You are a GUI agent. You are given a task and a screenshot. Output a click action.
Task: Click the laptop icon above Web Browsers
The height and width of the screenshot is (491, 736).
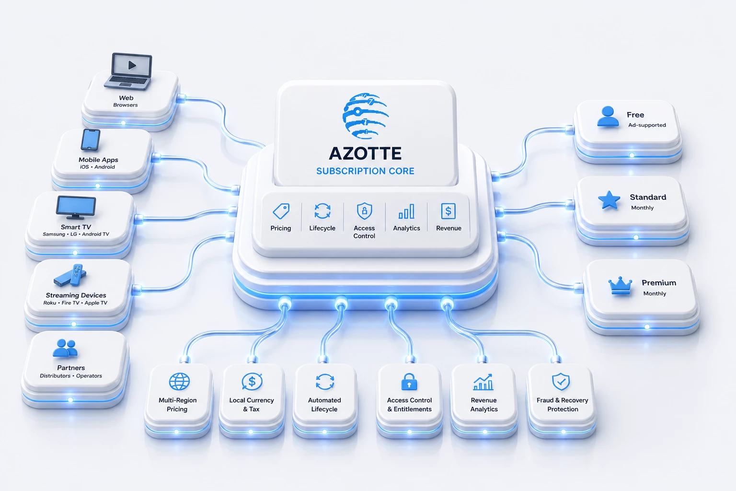point(128,71)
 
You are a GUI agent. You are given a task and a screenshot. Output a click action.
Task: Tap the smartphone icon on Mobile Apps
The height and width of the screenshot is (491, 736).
point(91,140)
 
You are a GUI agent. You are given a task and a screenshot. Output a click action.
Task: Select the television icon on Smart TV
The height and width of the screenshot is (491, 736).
point(76,208)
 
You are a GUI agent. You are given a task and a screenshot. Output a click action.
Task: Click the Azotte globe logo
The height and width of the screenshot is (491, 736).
point(366,116)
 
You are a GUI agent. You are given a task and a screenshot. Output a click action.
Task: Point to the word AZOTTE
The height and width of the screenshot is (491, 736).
point(365,153)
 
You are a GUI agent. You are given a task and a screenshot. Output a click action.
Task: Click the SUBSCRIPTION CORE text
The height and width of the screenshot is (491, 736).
point(365,171)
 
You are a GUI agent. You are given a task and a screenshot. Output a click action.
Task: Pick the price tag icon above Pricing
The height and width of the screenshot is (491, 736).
point(281,211)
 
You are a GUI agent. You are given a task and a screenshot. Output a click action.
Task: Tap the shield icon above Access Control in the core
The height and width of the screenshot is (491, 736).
point(364,211)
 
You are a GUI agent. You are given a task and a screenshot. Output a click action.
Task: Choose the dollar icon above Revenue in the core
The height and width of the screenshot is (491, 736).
point(448,211)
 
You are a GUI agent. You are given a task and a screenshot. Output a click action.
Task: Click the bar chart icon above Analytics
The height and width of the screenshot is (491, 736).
point(406,211)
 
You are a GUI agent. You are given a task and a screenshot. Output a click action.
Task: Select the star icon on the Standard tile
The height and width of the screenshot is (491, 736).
point(609,200)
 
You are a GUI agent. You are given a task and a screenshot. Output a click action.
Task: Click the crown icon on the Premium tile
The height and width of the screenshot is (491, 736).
point(620,285)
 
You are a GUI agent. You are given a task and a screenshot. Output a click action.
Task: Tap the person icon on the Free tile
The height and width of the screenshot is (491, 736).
point(608,117)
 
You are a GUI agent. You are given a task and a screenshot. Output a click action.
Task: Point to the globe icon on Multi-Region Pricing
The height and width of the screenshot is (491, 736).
point(179,382)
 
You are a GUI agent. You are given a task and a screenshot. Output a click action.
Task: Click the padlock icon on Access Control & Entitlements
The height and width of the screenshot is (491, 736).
point(409,382)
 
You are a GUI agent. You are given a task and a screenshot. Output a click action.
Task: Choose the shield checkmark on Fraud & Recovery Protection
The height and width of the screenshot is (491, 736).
point(561,382)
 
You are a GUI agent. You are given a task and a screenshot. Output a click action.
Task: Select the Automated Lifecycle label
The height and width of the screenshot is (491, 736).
point(324,405)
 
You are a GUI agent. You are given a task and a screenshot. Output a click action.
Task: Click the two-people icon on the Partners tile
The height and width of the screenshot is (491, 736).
point(65,348)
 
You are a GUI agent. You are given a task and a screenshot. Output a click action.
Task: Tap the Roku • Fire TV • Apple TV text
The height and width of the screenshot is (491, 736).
point(75,303)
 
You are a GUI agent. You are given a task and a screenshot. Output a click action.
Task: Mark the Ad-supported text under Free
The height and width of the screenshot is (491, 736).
point(647,125)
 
